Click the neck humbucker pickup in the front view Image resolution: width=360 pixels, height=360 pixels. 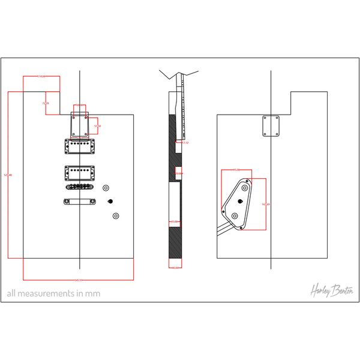(x=80, y=144)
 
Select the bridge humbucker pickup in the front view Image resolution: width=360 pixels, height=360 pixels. (x=80, y=171)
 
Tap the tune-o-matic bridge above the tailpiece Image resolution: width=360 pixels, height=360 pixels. (x=80, y=187)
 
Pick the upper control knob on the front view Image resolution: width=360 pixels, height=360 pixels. (x=106, y=187)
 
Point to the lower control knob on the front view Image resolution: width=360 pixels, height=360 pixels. (x=116, y=215)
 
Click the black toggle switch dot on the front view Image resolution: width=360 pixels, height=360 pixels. (x=110, y=202)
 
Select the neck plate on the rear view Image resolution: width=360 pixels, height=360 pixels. (x=271, y=126)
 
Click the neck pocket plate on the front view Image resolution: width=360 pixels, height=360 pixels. (x=80, y=122)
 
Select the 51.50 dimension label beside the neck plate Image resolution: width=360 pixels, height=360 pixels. (x=98, y=126)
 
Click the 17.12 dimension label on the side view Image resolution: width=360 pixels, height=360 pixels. (x=185, y=143)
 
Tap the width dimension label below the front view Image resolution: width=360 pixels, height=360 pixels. (x=78, y=280)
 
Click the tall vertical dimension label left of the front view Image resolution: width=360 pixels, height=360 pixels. (x=8, y=175)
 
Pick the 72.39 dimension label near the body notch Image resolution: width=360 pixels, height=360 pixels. (x=46, y=104)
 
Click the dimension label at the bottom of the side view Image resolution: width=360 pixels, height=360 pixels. (x=175, y=268)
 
